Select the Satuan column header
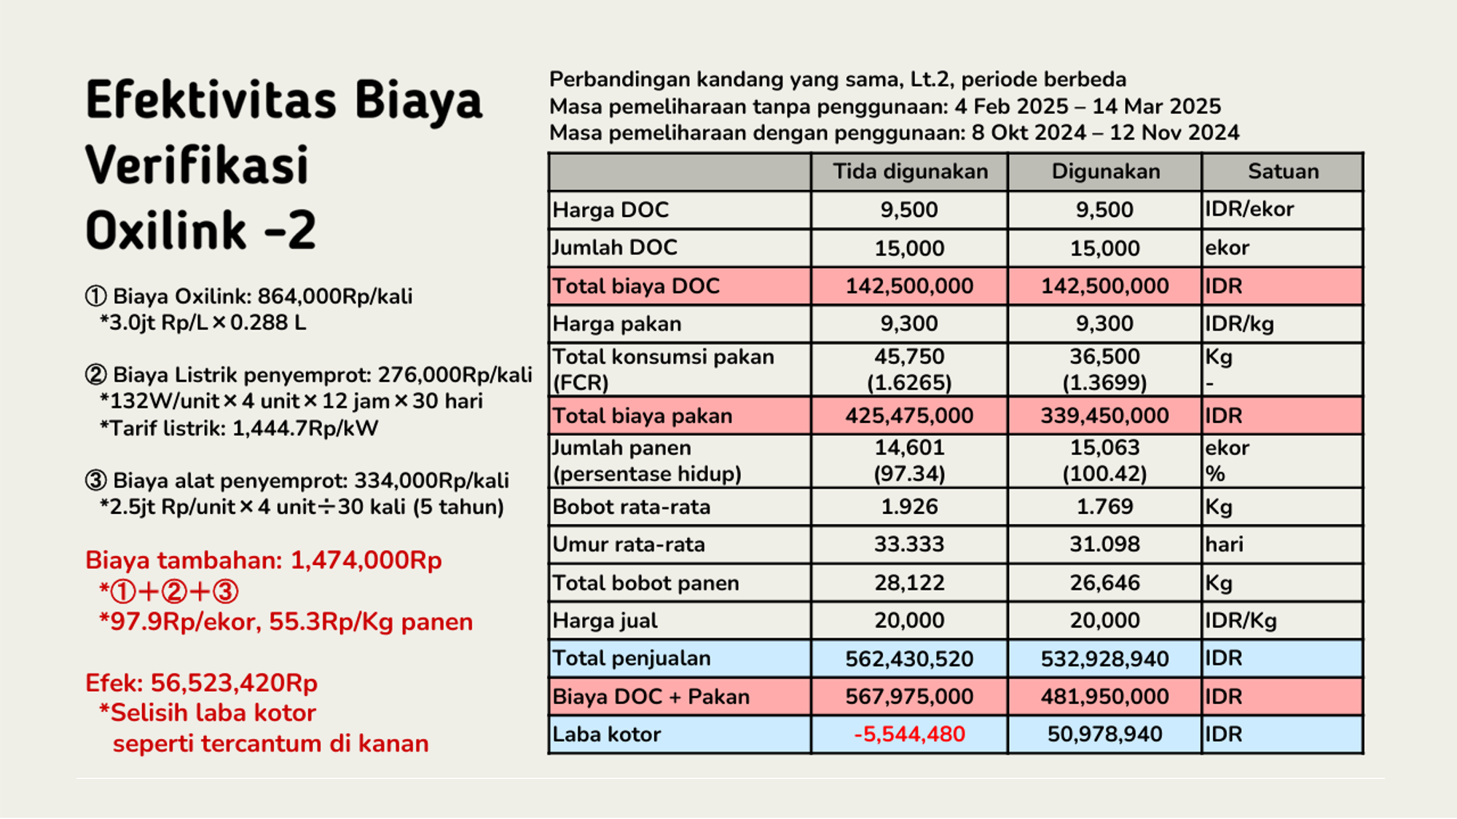click(1283, 172)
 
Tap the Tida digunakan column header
click(910, 172)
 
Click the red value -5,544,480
click(909, 734)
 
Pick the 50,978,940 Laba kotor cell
click(1104, 734)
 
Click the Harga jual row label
click(605, 620)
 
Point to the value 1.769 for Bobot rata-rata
click(1104, 507)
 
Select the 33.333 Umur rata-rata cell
click(909, 545)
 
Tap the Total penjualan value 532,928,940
click(1104, 659)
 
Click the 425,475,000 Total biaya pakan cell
click(909, 416)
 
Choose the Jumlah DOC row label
click(615, 248)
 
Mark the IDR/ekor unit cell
click(1249, 210)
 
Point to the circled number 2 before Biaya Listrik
click(96, 375)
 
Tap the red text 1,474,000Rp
click(366, 561)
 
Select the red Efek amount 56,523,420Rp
click(234, 683)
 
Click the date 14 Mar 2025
click(1156, 106)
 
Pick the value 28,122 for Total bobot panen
click(909, 582)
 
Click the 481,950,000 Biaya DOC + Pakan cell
click(1104, 697)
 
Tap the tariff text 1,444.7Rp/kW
click(305, 428)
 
